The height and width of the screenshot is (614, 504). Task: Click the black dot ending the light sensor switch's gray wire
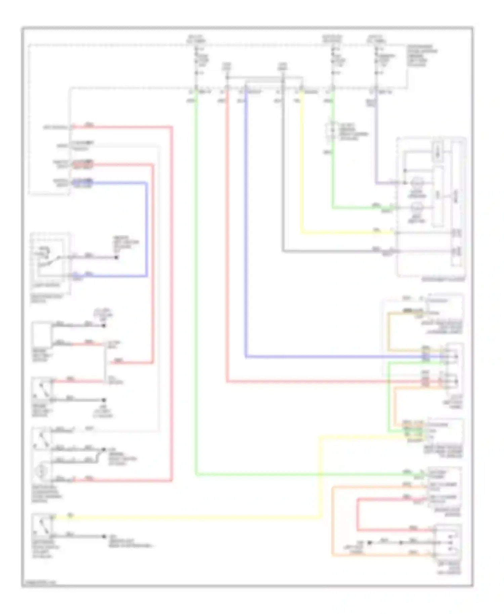(116, 257)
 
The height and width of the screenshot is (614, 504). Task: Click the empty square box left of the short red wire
(42, 334)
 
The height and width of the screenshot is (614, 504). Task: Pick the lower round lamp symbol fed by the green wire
(417, 208)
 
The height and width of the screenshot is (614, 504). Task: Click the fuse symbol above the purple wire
(376, 61)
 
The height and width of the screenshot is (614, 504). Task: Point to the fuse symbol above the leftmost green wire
(196, 61)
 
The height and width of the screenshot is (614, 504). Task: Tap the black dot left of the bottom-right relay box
(369, 543)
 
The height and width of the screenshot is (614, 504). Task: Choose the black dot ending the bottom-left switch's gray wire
(104, 536)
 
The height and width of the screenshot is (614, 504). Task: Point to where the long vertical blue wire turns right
(246, 356)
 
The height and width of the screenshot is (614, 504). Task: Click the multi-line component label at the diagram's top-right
(422, 55)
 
